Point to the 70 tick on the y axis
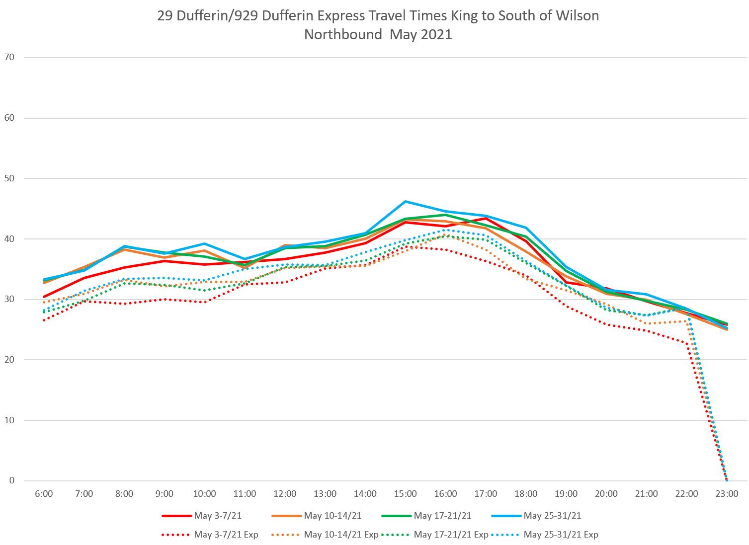(9, 57)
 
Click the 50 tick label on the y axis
(9, 178)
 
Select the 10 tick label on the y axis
(9, 420)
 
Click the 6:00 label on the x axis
(44, 494)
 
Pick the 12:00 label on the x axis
(285, 494)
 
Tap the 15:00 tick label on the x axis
(406, 494)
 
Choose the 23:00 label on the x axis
(727, 494)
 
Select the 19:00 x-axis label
(566, 494)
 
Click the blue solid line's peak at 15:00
(406, 201)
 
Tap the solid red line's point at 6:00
(44, 297)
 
